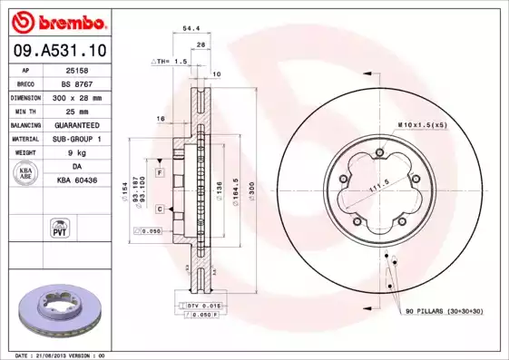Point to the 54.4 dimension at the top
click(192, 29)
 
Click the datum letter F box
click(159, 171)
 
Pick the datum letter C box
click(159, 209)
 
